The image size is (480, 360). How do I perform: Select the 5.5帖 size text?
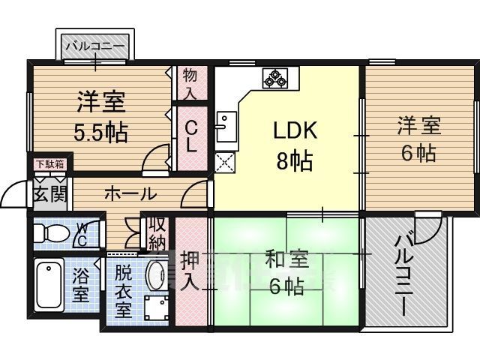(100, 133)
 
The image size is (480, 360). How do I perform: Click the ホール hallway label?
(129, 194)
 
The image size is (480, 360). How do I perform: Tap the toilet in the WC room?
(56, 234)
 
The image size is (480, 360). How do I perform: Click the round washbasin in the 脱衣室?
(156, 274)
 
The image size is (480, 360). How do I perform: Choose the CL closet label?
(191, 137)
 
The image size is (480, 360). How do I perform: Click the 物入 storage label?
(190, 83)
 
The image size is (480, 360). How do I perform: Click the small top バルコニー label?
(96, 46)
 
